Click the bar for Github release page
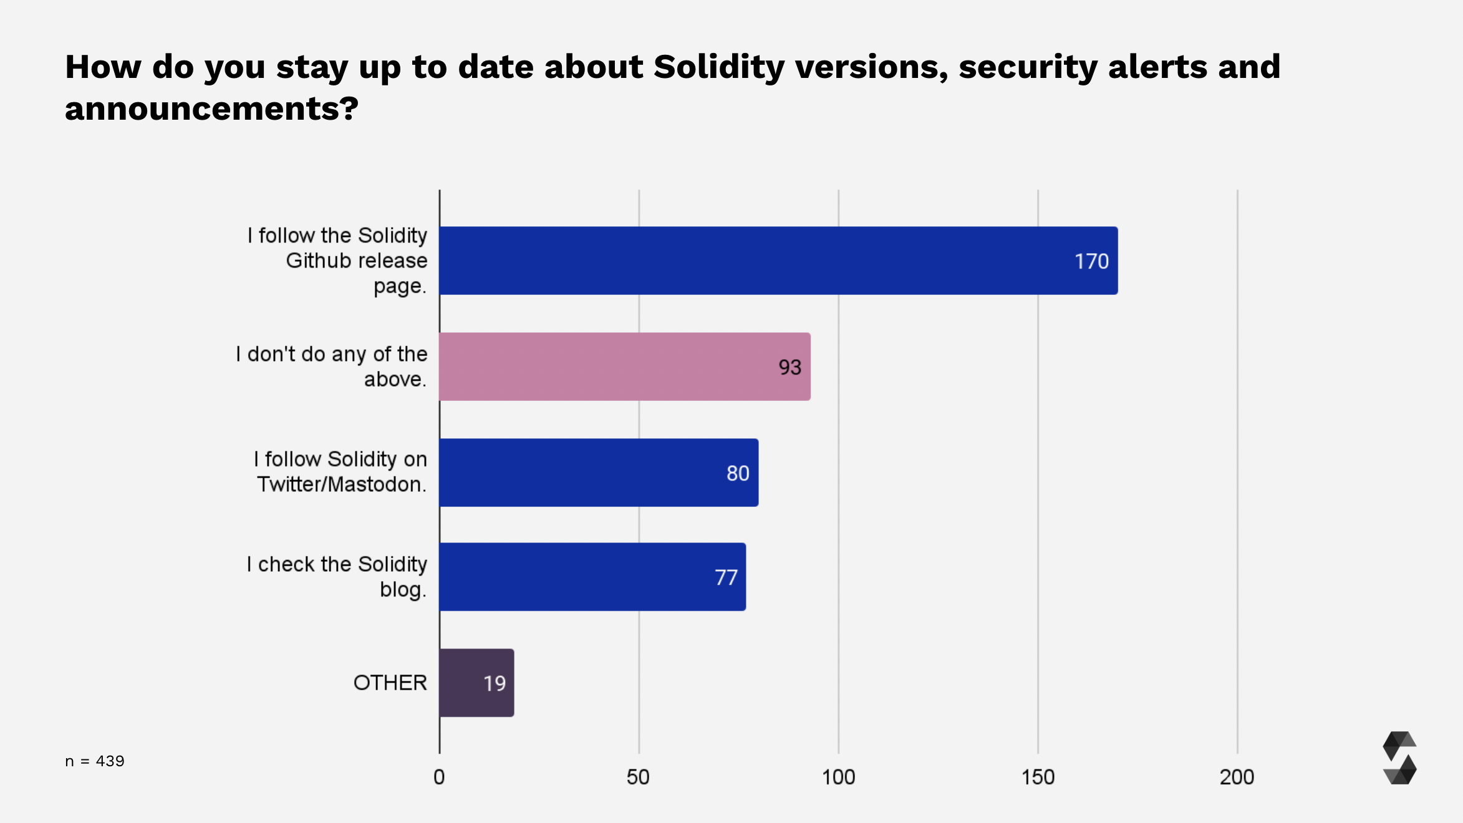click(x=778, y=261)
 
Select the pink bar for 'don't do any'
click(x=624, y=367)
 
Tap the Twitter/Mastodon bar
click(x=599, y=473)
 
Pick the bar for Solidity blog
click(x=592, y=577)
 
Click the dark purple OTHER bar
click(x=476, y=683)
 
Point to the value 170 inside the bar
click(x=1091, y=261)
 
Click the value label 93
click(x=789, y=367)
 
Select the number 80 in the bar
click(x=738, y=473)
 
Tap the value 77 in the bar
click(x=726, y=577)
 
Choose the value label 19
click(x=495, y=683)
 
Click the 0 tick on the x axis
click(x=439, y=777)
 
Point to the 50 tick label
click(x=638, y=777)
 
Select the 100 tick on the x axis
click(x=838, y=777)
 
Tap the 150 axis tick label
click(x=1038, y=777)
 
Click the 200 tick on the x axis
click(x=1237, y=777)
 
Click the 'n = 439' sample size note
click(x=95, y=761)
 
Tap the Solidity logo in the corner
click(x=1399, y=758)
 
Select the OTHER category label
click(x=390, y=683)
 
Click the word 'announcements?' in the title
click(x=211, y=108)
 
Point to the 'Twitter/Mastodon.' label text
click(x=342, y=484)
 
